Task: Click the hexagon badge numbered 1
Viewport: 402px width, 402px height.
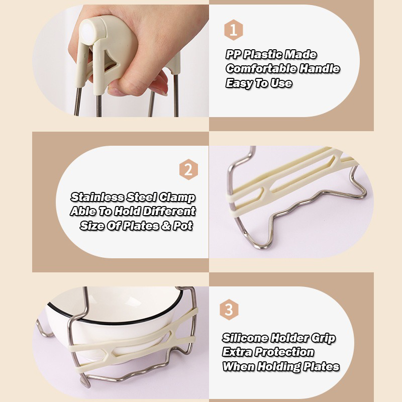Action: pyautogui.click(x=233, y=30)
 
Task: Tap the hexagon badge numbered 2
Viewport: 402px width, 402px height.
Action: pyautogui.click(x=188, y=169)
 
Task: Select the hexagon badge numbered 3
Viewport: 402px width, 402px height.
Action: pyautogui.click(x=229, y=310)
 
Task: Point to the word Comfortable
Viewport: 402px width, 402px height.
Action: pyautogui.click(x=261, y=69)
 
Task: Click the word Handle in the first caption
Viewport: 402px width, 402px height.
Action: pyautogui.click(x=320, y=69)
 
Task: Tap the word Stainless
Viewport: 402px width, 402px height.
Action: pyautogui.click(x=97, y=197)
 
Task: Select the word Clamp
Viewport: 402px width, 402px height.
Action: pyautogui.click(x=177, y=197)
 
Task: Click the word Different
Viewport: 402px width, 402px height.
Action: pyautogui.click(x=169, y=211)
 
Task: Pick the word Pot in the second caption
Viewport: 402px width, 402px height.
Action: pyautogui.click(x=183, y=226)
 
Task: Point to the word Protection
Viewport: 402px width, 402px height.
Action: pyautogui.click(x=284, y=352)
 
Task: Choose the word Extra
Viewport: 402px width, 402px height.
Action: pyautogui.click(x=237, y=352)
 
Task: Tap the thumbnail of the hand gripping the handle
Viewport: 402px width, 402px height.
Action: pyautogui.click(x=121, y=61)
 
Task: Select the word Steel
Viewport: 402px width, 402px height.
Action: pyautogui.click(x=142, y=197)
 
